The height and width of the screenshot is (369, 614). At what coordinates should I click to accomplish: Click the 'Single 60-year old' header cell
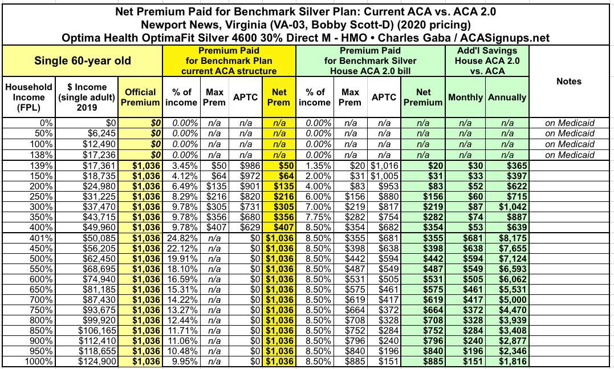click(83, 61)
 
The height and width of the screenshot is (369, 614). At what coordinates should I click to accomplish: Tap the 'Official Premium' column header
click(140, 97)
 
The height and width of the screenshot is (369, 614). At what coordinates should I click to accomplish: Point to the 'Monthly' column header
click(466, 97)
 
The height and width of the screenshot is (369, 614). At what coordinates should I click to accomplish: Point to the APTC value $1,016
click(384, 164)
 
